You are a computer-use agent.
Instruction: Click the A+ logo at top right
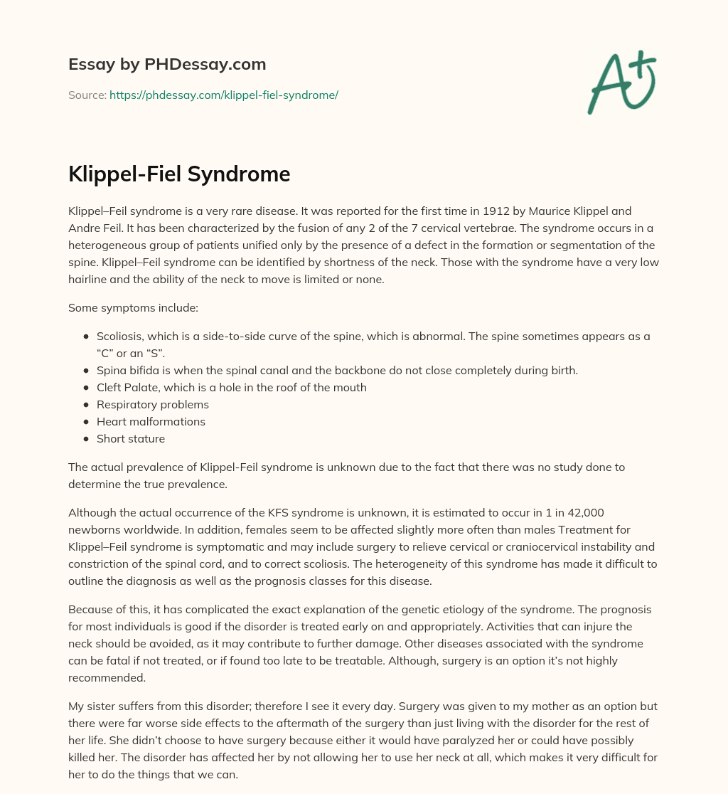pos(621,84)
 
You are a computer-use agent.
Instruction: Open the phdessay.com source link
pos(223,95)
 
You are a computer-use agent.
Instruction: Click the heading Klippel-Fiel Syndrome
pos(179,174)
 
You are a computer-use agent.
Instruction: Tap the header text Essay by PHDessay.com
pos(167,64)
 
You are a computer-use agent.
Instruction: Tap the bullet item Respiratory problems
pos(153,404)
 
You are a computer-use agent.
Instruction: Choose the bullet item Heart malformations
pos(151,421)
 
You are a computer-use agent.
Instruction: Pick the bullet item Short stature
pos(131,438)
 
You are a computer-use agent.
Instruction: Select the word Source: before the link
pos(87,95)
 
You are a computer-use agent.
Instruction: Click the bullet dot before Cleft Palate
pos(87,387)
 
